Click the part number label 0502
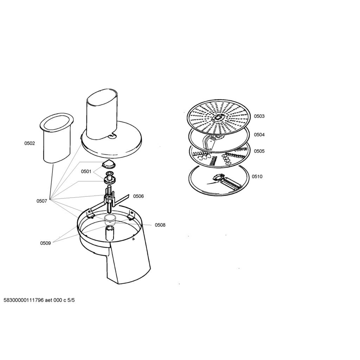[30, 143]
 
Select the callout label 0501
[86, 172]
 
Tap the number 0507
[42, 201]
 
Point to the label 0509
[45, 243]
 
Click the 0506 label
[139, 196]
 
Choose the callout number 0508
[160, 225]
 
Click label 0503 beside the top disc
[259, 116]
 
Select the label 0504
[259, 135]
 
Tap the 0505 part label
[259, 151]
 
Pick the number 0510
[257, 176]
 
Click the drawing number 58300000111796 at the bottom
[24, 300]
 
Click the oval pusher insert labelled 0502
[57, 138]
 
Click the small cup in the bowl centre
[110, 220]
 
